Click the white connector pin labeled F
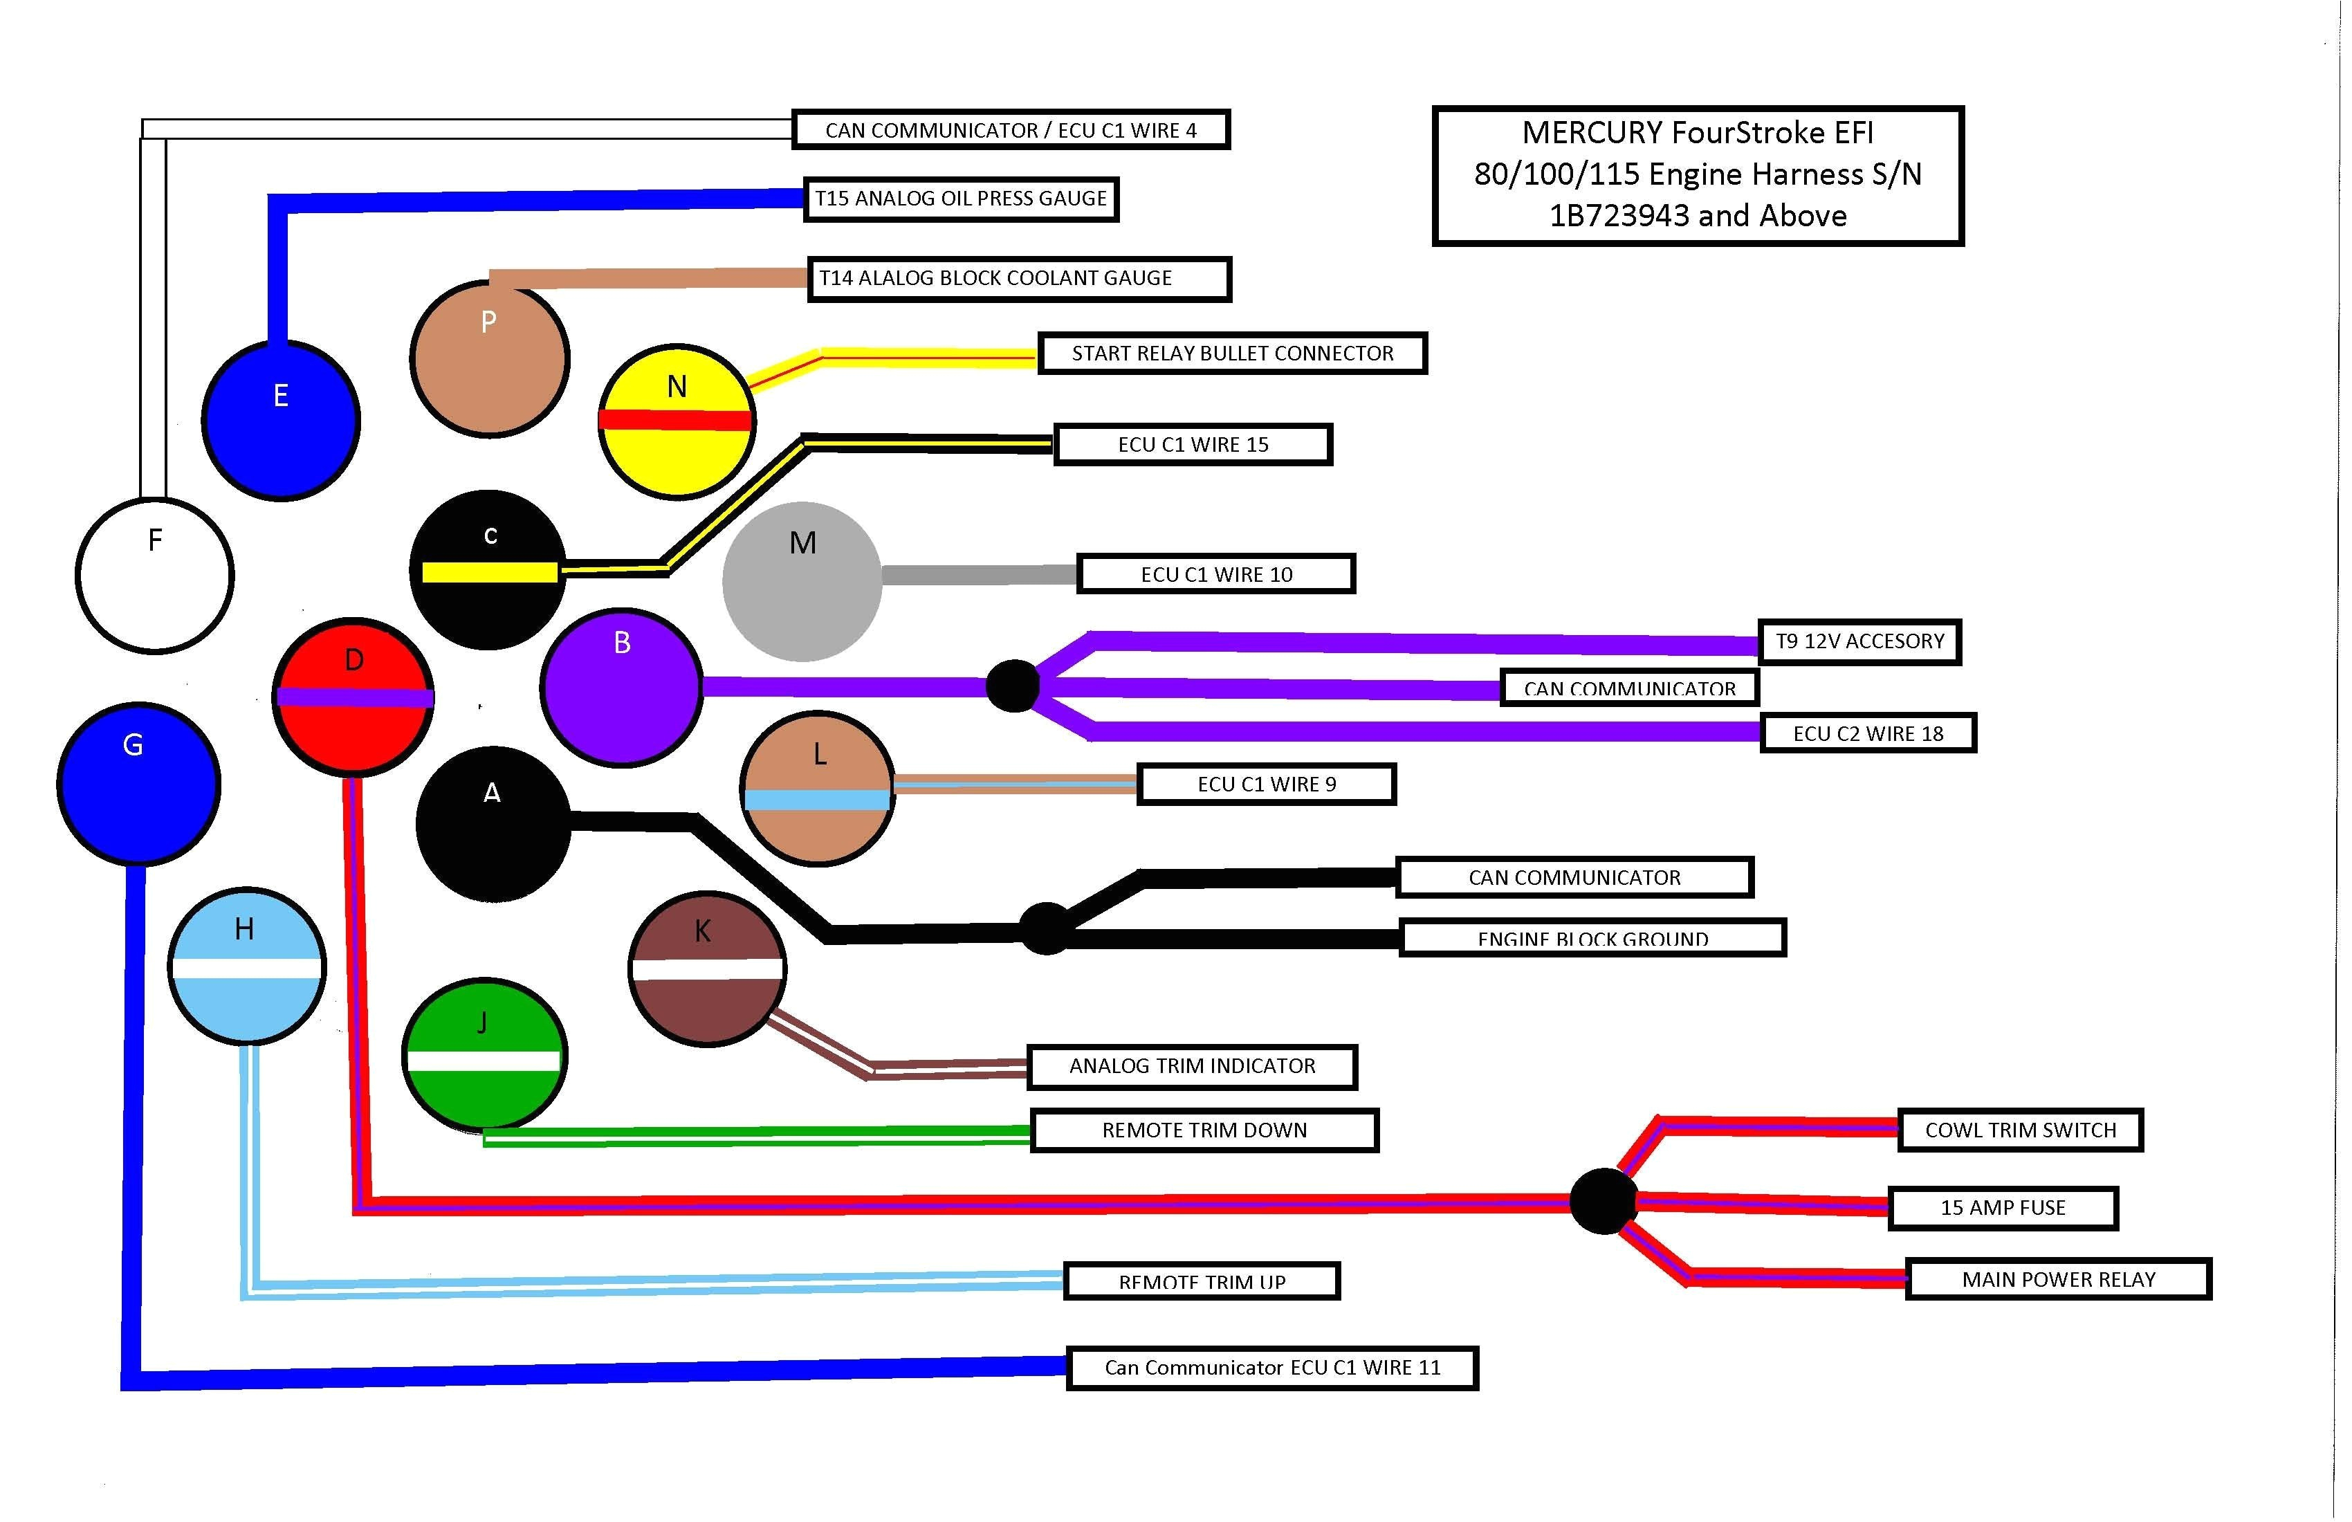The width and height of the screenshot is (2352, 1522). click(x=155, y=576)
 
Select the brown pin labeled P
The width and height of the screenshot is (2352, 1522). click(x=489, y=359)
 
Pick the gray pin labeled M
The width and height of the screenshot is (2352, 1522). click(x=802, y=582)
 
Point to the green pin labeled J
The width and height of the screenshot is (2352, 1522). click(x=484, y=1056)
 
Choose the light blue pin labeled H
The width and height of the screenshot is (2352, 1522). click(x=247, y=966)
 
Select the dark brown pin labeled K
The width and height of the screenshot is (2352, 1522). click(x=706, y=969)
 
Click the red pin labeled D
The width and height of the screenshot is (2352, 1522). click(x=353, y=697)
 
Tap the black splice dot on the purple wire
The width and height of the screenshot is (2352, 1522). click(x=1013, y=686)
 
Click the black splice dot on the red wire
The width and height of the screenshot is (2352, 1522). click(x=1602, y=1201)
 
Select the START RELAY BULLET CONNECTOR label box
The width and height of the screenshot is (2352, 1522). click(x=1232, y=354)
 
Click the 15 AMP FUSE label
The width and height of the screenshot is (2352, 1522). click(x=2002, y=1208)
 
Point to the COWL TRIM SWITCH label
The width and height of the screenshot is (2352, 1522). click(x=2020, y=1130)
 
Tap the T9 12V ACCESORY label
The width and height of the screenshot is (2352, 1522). click(x=1859, y=641)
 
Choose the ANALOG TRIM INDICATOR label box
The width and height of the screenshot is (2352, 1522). click(x=1192, y=1066)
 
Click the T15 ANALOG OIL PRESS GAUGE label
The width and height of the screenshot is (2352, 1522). click(x=961, y=199)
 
